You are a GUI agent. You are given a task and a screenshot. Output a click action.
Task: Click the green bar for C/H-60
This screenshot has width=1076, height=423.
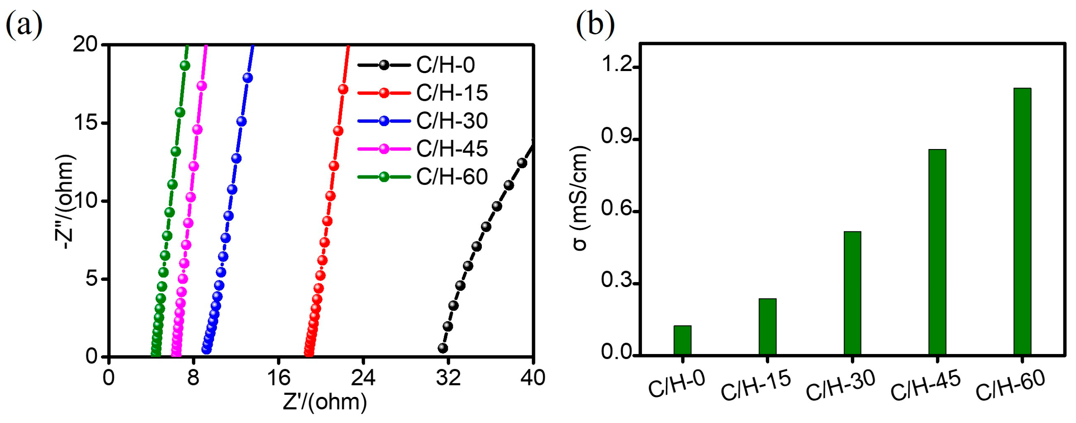[x=1022, y=221]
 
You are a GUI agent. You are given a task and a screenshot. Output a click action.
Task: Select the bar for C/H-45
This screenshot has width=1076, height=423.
[x=937, y=252]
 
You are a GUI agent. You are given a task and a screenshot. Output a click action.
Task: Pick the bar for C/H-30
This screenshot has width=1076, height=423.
[x=852, y=293]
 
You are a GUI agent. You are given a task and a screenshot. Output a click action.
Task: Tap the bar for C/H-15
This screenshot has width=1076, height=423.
[x=767, y=326]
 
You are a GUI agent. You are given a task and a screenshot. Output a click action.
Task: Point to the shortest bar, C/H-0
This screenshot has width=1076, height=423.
[x=682, y=340]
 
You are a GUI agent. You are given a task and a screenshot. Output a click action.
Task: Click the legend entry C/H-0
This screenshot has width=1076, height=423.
[x=445, y=65]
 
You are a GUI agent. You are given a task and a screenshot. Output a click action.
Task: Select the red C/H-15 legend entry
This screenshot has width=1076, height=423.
[x=451, y=93]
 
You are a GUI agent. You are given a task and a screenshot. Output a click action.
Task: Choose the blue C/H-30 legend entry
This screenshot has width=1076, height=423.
[x=451, y=120]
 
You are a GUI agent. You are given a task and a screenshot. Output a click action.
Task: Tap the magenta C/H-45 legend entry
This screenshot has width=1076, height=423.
[x=451, y=149]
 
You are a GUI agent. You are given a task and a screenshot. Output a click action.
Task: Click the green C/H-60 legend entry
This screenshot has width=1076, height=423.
[x=451, y=176]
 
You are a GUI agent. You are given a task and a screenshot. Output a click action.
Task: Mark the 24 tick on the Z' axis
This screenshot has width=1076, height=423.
[x=362, y=378]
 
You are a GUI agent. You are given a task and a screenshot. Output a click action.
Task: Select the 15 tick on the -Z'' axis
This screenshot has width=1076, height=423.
[x=87, y=123]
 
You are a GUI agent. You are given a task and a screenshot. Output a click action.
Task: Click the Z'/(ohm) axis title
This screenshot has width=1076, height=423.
[x=325, y=402]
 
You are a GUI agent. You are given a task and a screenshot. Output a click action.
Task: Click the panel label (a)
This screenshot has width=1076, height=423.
[x=24, y=25]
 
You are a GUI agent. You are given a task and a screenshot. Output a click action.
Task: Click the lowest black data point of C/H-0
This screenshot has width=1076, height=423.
[x=443, y=348]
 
